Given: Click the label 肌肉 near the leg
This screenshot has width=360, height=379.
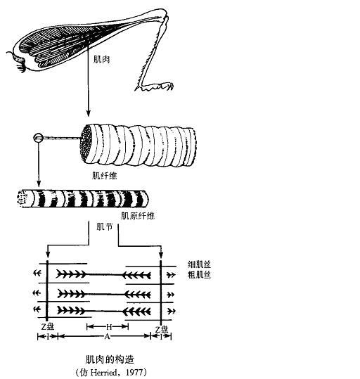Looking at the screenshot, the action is [x=101, y=59].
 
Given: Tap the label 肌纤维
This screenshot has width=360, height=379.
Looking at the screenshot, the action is [x=104, y=176].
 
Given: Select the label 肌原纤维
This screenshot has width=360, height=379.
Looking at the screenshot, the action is [x=138, y=216].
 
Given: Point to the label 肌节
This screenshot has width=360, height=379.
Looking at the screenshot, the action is [x=105, y=226].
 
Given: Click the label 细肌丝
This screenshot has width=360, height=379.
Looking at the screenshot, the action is [x=199, y=264].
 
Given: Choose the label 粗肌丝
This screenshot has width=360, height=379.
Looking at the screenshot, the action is [x=199, y=274].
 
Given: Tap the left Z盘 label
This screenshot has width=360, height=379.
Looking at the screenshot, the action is [x=47, y=327].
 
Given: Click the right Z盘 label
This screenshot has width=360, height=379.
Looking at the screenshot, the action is [x=162, y=330].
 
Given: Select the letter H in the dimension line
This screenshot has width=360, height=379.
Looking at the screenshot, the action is [x=109, y=327].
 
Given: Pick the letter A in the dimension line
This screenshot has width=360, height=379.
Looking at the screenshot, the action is [x=107, y=336].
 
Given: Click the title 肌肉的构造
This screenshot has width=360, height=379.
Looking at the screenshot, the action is [x=110, y=360].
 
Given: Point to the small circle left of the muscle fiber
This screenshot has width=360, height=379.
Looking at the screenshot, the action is [x=38, y=138].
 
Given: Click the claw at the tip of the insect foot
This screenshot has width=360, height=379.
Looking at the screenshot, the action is [x=171, y=86].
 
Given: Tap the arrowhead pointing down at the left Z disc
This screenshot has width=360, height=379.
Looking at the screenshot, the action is [x=48, y=255].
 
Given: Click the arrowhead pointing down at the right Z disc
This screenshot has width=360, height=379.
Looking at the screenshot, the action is [x=161, y=255].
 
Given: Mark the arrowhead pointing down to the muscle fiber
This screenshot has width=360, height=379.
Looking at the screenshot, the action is [x=89, y=113].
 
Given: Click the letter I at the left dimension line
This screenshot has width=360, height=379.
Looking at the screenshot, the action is [x=48, y=336].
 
